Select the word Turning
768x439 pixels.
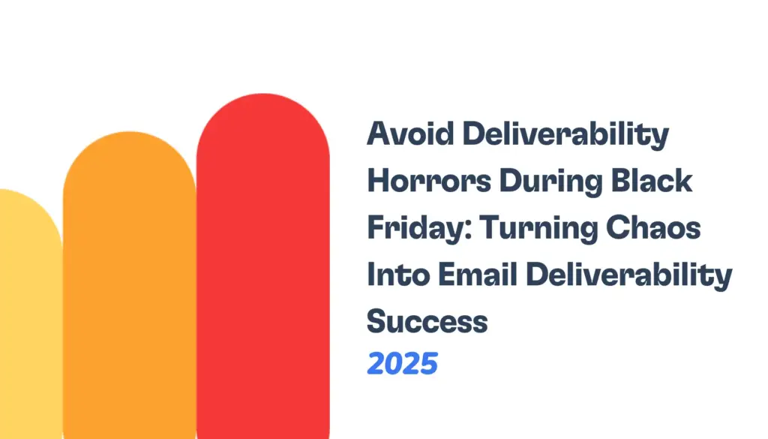pyautogui.click(x=525, y=230)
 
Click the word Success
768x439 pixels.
pyautogui.click(x=427, y=321)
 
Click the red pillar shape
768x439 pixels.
pyautogui.click(x=262, y=285)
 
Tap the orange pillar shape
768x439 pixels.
pyautogui.click(x=129, y=300)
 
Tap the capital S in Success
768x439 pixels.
pyautogui.click(x=376, y=321)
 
